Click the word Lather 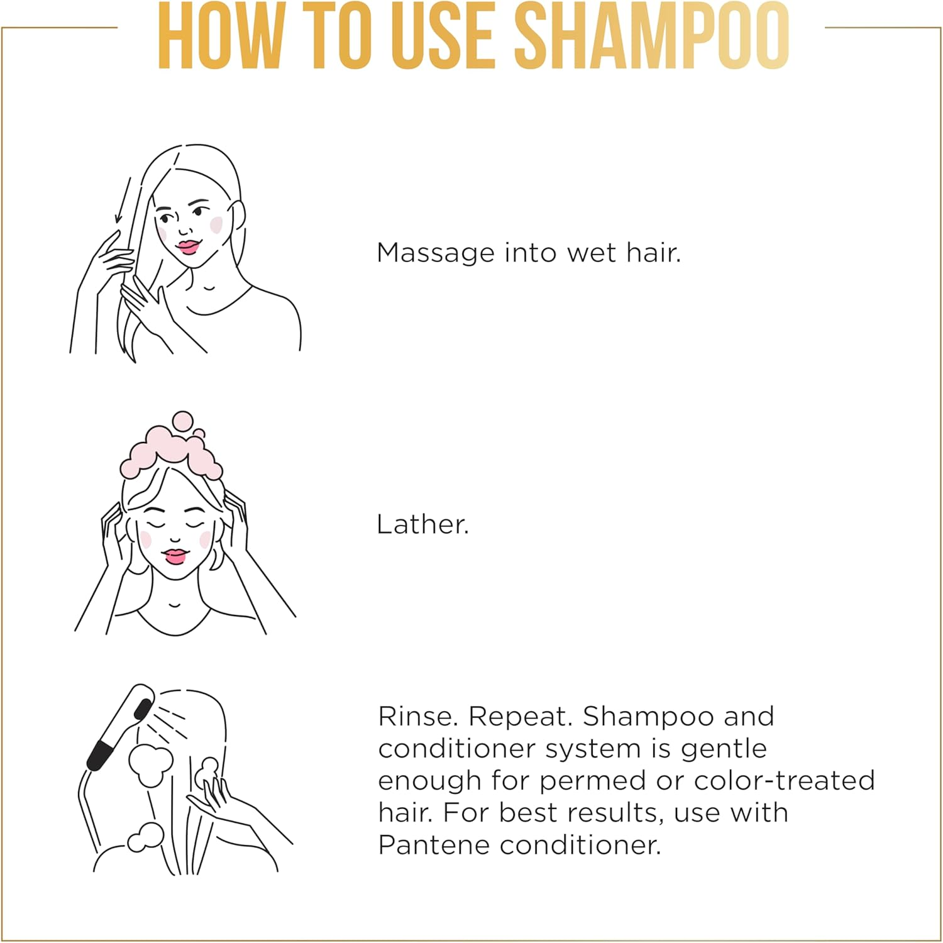click(422, 524)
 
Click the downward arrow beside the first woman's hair click(123, 200)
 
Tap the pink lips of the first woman click(187, 246)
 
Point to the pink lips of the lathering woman click(175, 556)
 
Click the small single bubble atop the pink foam click(182, 421)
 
